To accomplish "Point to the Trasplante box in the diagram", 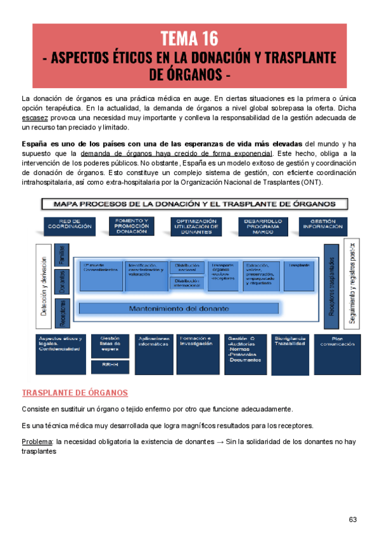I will (x=298, y=266).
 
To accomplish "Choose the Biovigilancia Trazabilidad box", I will (x=291, y=343).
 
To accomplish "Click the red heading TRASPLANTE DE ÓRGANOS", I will (x=75, y=393).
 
